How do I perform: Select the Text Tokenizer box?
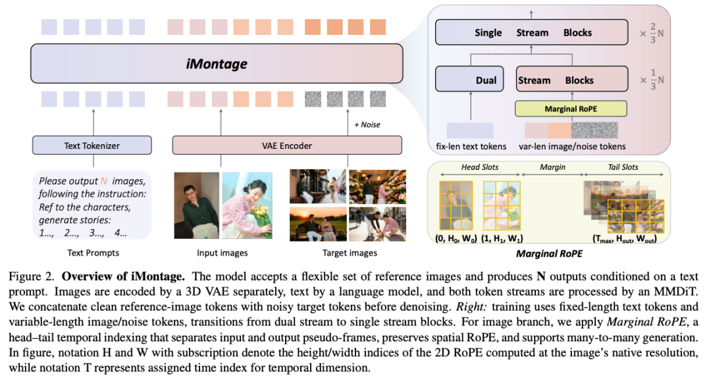click(92, 145)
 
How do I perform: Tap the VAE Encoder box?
click(286, 145)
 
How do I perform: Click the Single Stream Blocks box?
click(533, 32)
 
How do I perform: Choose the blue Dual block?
click(469, 80)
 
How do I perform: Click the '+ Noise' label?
click(366, 124)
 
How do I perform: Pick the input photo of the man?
click(196, 204)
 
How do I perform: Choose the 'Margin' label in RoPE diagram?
click(553, 167)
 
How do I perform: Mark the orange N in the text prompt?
click(103, 180)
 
